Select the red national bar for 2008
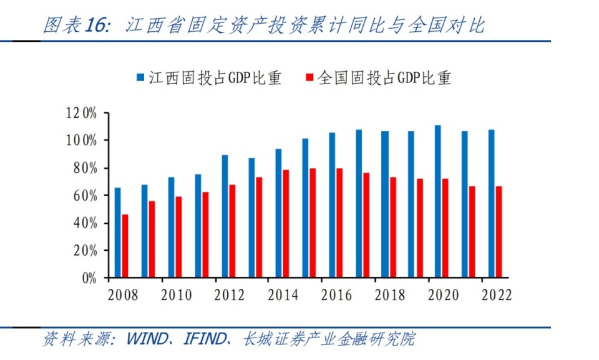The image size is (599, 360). pos(125,246)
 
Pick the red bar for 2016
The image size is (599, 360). pos(339,223)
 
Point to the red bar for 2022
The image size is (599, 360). pos(499,231)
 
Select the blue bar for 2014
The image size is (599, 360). pos(278,213)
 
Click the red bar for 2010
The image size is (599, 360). pos(179,236)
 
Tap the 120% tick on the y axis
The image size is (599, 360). pos(81,113)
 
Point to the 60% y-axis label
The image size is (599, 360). pos(85,195)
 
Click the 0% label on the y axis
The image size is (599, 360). pos(89,278)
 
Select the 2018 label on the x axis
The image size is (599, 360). pos(390,295)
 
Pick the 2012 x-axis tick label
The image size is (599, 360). pos(230,295)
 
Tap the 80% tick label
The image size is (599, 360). pos(85,168)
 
